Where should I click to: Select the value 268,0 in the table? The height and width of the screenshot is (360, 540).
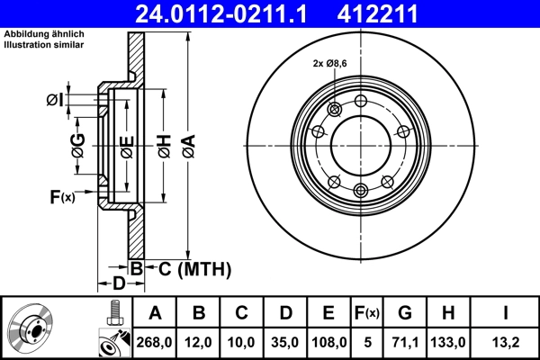coord(155,342)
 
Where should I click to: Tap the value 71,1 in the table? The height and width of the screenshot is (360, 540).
coord(406,342)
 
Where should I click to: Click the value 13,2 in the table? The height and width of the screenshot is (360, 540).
coord(505,342)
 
